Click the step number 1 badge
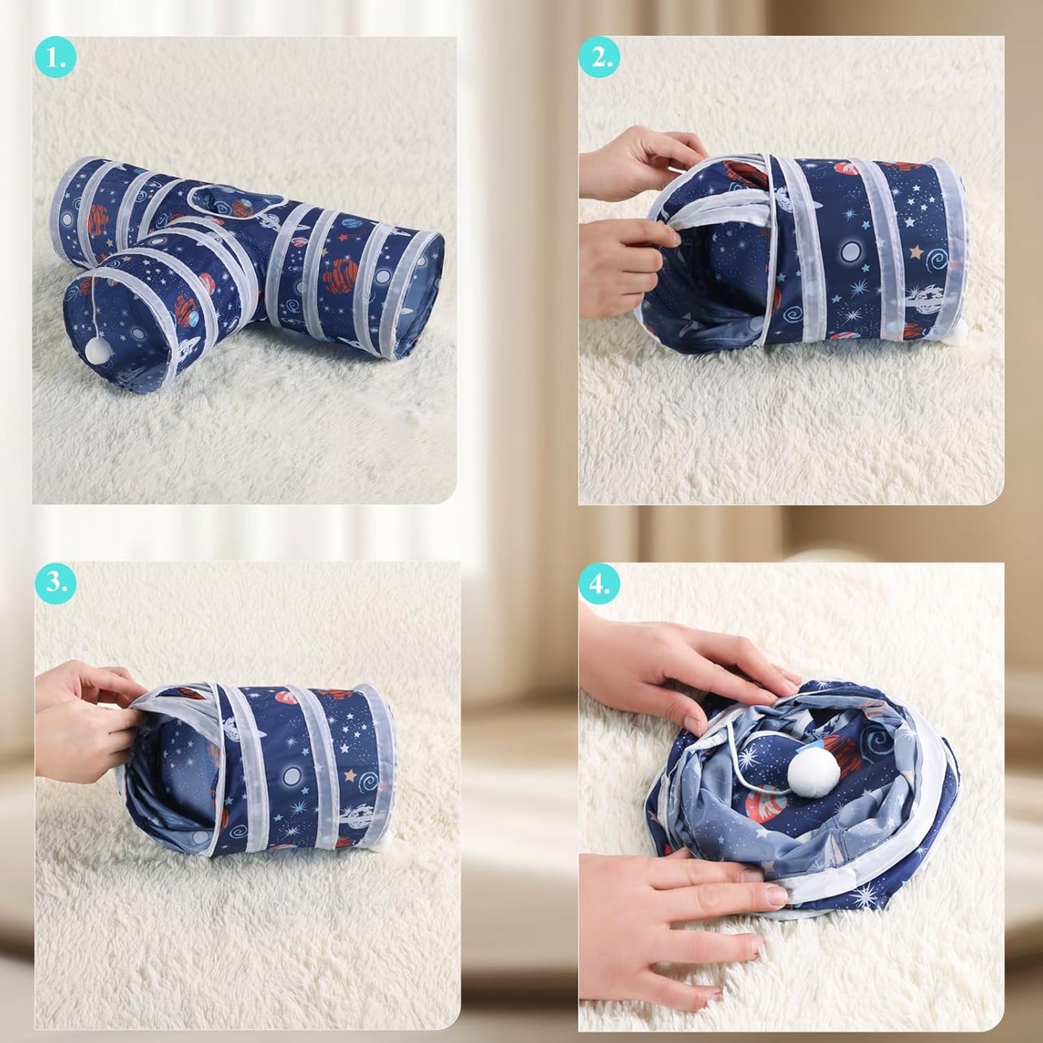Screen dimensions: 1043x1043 [56, 58]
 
